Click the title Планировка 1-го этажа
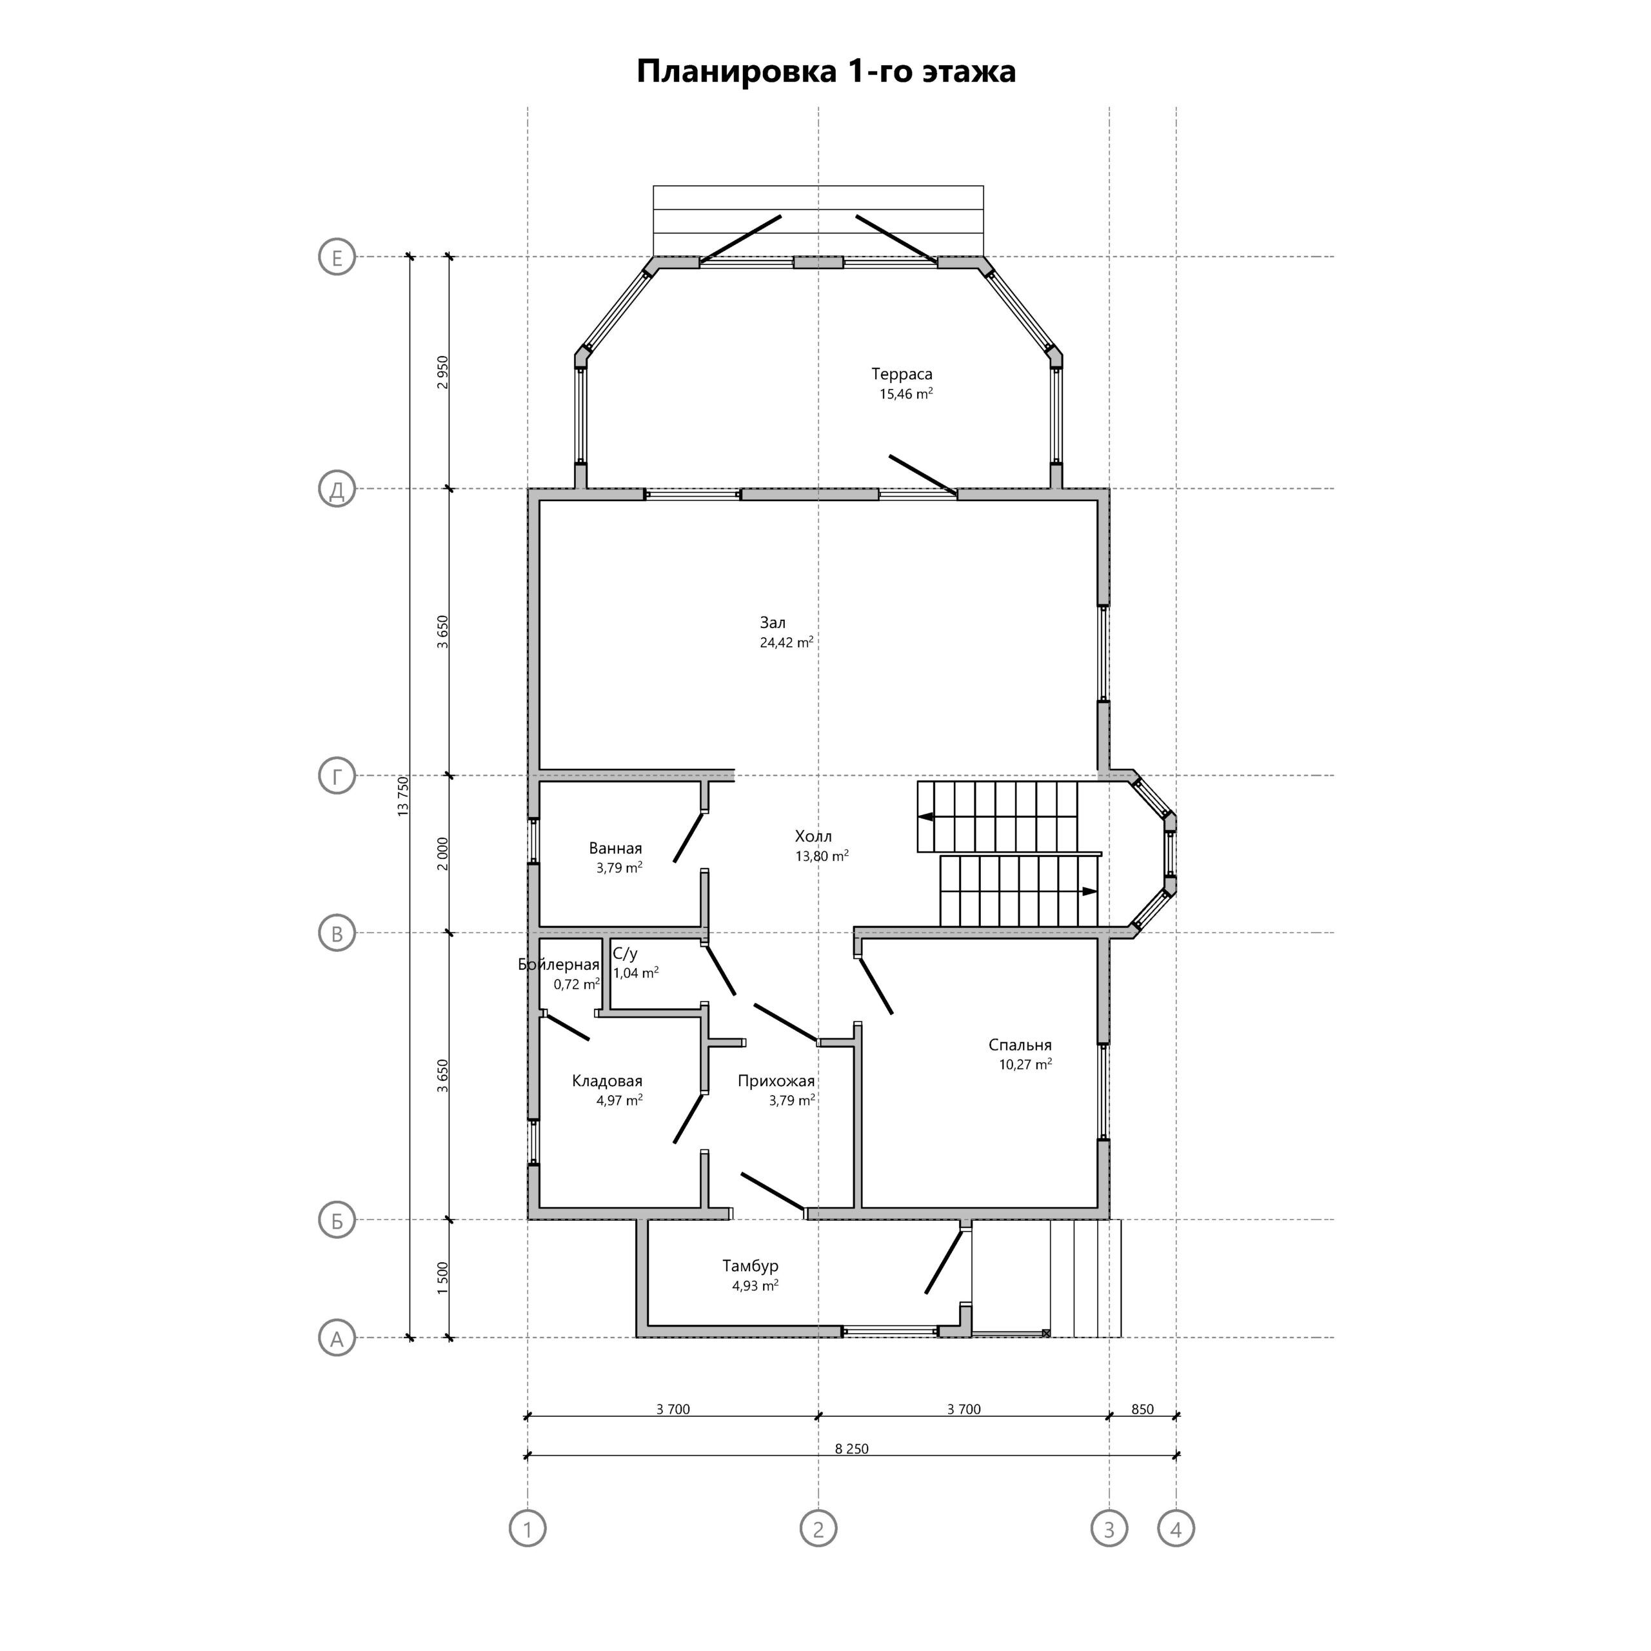point(825,71)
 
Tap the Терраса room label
point(902,374)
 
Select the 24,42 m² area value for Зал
point(786,642)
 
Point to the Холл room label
point(813,836)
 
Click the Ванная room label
point(615,849)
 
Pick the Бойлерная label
point(559,965)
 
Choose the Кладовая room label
point(607,1081)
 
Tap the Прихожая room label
point(776,1081)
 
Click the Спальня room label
point(1020,1045)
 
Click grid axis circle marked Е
point(337,257)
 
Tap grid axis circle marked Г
point(337,776)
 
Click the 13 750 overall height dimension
point(403,796)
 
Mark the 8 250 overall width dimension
point(851,1448)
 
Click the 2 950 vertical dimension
point(442,373)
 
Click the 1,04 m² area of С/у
point(636,973)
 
